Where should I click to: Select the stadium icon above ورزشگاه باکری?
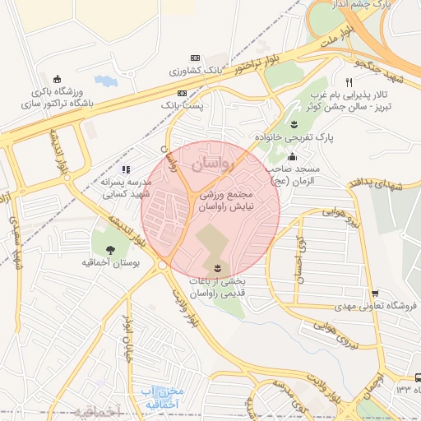coord(57,79)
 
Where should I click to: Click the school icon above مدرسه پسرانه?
coord(126,169)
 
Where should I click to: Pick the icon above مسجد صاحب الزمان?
coord(293,156)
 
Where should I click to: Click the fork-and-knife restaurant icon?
coord(349,83)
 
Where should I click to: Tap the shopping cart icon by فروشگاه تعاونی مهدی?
coord(375,293)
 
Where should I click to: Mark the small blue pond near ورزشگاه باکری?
coord(105,81)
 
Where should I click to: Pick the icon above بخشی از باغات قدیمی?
coord(217,269)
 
